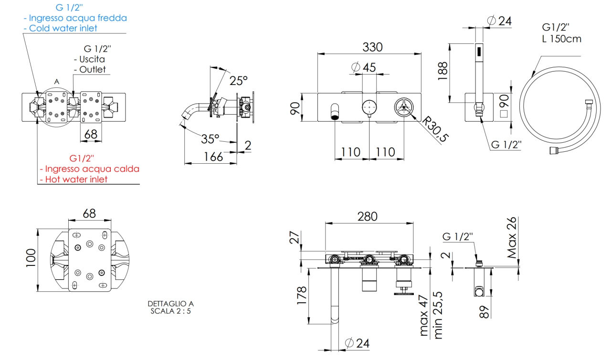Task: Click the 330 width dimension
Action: coord(372,47)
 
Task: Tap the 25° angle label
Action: coord(238,81)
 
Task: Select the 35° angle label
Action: coord(210,139)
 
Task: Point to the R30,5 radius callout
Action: coord(435,129)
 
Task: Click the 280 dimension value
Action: coord(368,217)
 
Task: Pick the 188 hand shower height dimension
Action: coord(442,71)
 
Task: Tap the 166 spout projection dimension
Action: coord(213,157)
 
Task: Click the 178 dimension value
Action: coord(302,296)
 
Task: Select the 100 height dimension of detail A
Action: coord(31,258)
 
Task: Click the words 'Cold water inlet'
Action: coord(63,28)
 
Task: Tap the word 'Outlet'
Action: coord(92,69)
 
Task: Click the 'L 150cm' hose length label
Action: coord(562,39)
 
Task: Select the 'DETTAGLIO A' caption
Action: coord(171,304)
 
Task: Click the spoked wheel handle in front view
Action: coord(404,107)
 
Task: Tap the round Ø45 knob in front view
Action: coord(369,107)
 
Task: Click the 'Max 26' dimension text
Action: coord(512,238)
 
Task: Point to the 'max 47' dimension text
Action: coord(423,315)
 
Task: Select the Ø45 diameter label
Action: coord(364,67)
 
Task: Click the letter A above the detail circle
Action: coord(57,82)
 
